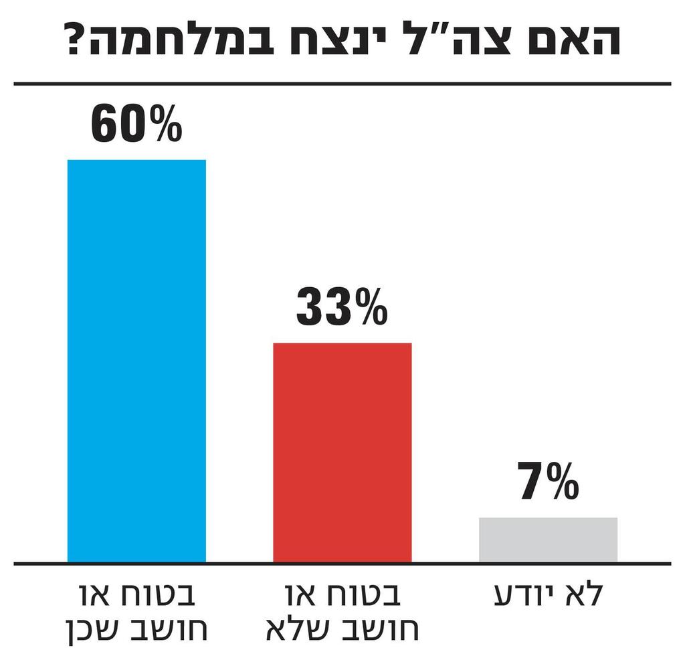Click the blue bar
[136, 361]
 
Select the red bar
[342, 453]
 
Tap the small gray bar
[548, 540]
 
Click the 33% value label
[342, 307]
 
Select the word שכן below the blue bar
[98, 630]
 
